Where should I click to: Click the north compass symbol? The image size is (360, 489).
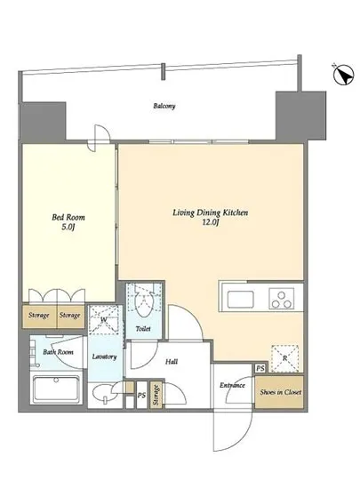click(343, 75)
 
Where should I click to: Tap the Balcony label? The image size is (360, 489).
click(164, 106)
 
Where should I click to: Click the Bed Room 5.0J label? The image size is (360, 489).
click(68, 221)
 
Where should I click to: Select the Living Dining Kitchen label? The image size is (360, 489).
click(211, 217)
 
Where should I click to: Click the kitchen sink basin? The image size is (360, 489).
click(240, 299)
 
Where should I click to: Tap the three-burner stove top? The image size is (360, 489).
click(282, 299)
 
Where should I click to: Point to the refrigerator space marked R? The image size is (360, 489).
click(284, 358)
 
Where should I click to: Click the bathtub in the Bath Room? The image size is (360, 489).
click(56, 389)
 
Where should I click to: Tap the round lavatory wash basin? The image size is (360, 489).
click(101, 394)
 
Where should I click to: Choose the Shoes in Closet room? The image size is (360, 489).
click(279, 392)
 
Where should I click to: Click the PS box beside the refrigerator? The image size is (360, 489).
click(260, 368)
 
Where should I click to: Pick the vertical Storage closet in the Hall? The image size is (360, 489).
click(156, 395)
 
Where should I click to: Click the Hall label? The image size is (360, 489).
click(172, 362)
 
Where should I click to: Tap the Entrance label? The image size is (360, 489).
click(232, 386)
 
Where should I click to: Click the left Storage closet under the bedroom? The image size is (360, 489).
click(39, 316)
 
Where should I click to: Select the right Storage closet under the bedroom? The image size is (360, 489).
click(70, 316)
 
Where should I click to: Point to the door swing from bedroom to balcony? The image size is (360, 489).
click(100, 138)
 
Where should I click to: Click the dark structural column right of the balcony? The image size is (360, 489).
click(300, 116)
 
